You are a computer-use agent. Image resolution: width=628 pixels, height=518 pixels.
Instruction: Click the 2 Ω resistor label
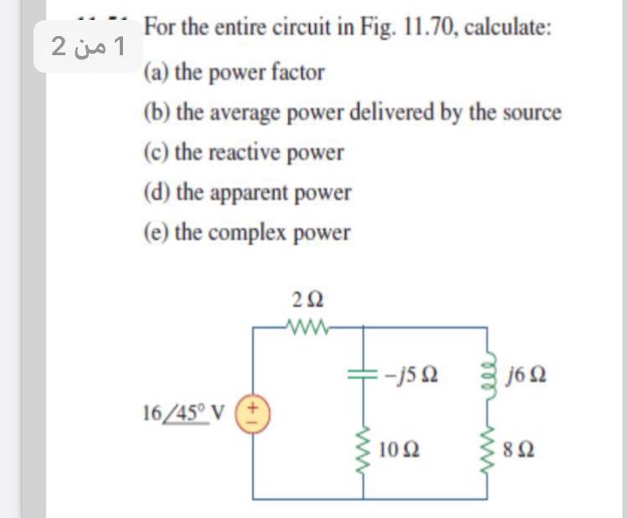[309, 298]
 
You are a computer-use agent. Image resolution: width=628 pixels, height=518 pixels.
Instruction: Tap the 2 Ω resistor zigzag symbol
[309, 326]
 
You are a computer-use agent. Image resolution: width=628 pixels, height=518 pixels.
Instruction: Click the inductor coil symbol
[486, 371]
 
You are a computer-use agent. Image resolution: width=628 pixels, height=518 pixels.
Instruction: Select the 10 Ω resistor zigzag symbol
[363, 448]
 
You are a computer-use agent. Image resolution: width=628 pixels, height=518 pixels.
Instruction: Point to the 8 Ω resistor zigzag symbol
[486, 448]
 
